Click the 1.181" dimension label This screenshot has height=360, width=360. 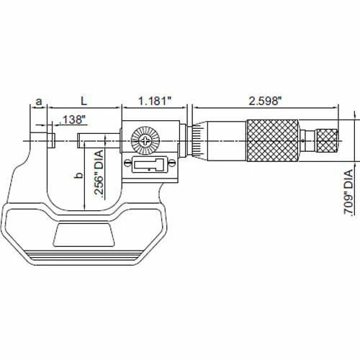point(156,101)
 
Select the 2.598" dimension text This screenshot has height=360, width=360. point(265,101)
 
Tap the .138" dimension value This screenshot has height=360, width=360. point(72,120)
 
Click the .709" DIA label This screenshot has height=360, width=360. point(348,192)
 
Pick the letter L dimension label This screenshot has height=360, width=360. point(84,101)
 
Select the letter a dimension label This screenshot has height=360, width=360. point(39,102)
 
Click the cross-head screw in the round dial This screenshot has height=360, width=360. point(145,140)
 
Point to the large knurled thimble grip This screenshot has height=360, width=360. point(273,140)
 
